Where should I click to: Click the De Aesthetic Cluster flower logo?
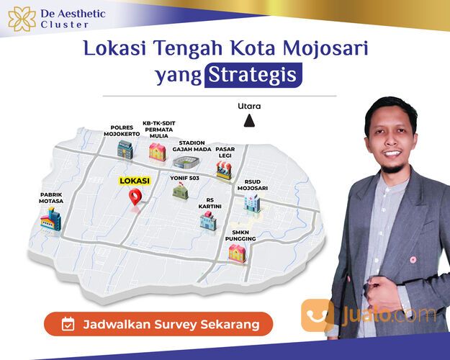(22, 17)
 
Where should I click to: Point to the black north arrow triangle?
(249, 122)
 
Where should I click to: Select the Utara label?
(249, 107)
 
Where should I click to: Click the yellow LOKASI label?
(134, 181)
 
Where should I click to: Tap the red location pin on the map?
(135, 198)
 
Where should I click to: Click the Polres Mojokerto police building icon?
(126, 149)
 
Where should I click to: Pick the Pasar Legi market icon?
(225, 170)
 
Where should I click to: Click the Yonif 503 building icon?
(180, 192)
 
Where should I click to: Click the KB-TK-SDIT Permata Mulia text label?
(158, 127)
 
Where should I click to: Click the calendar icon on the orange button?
(68, 324)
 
